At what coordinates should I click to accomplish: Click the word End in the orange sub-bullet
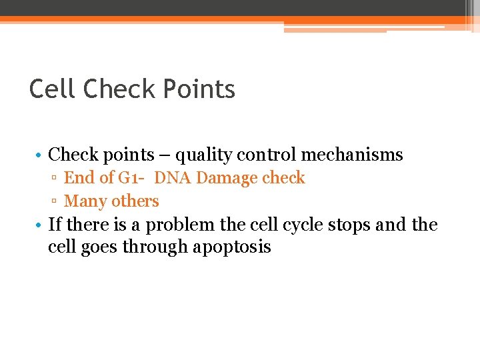click(79, 178)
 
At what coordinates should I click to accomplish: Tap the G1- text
click(133, 178)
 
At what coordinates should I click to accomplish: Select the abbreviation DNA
click(173, 178)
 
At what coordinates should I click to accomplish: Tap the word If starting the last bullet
click(55, 225)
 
